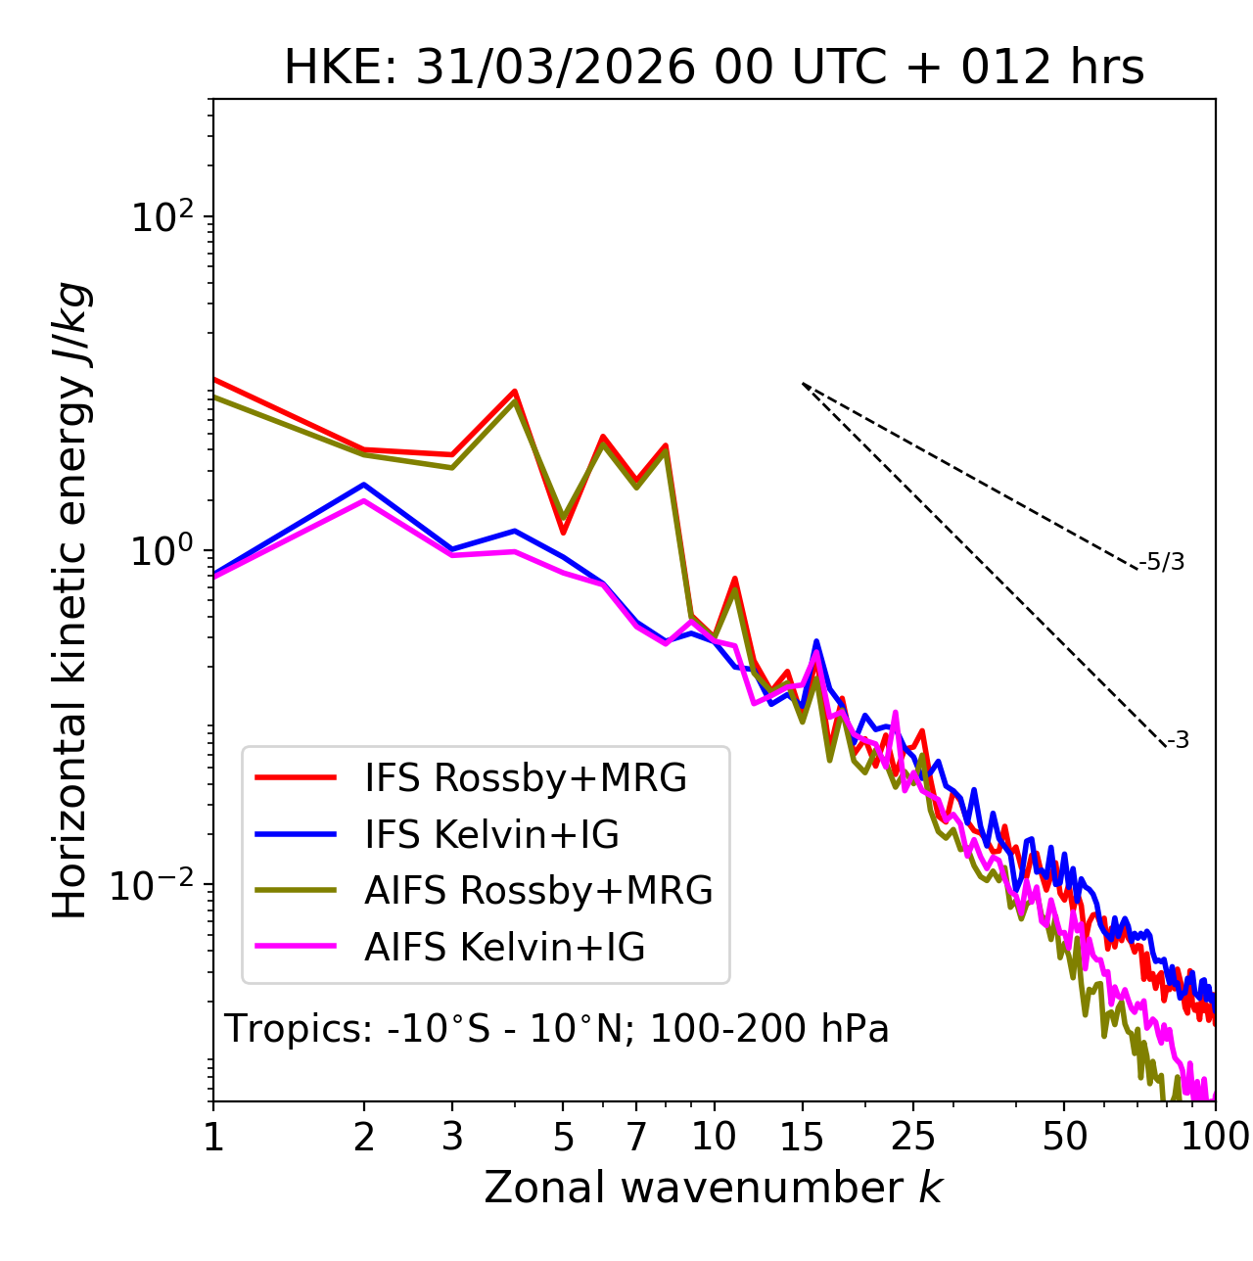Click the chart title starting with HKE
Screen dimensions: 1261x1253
click(x=714, y=68)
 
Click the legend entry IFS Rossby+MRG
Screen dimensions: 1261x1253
click(x=526, y=777)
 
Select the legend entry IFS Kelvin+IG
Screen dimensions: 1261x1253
click(x=491, y=834)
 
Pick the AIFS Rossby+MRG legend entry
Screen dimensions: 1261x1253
click(x=538, y=891)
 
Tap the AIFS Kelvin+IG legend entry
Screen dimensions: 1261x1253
click(x=504, y=948)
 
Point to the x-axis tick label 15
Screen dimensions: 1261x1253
click(x=802, y=1137)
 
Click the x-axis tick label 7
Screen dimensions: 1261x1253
click(x=636, y=1137)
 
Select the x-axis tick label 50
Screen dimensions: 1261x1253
click(x=1064, y=1137)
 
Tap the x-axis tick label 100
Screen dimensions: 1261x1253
click(x=1214, y=1137)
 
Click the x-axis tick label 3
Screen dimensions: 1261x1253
click(x=452, y=1137)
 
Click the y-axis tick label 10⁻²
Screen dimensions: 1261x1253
click(x=157, y=884)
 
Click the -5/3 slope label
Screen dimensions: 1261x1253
click(x=1162, y=562)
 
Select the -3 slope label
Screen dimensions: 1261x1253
click(x=1178, y=741)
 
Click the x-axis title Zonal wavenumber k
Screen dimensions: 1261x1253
click(x=714, y=1188)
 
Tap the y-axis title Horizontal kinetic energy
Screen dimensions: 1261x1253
click(x=70, y=600)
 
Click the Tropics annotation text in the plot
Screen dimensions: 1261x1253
click(x=556, y=1029)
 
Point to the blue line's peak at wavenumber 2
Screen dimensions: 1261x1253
click(x=364, y=484)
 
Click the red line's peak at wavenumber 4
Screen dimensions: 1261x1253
click(x=514, y=391)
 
